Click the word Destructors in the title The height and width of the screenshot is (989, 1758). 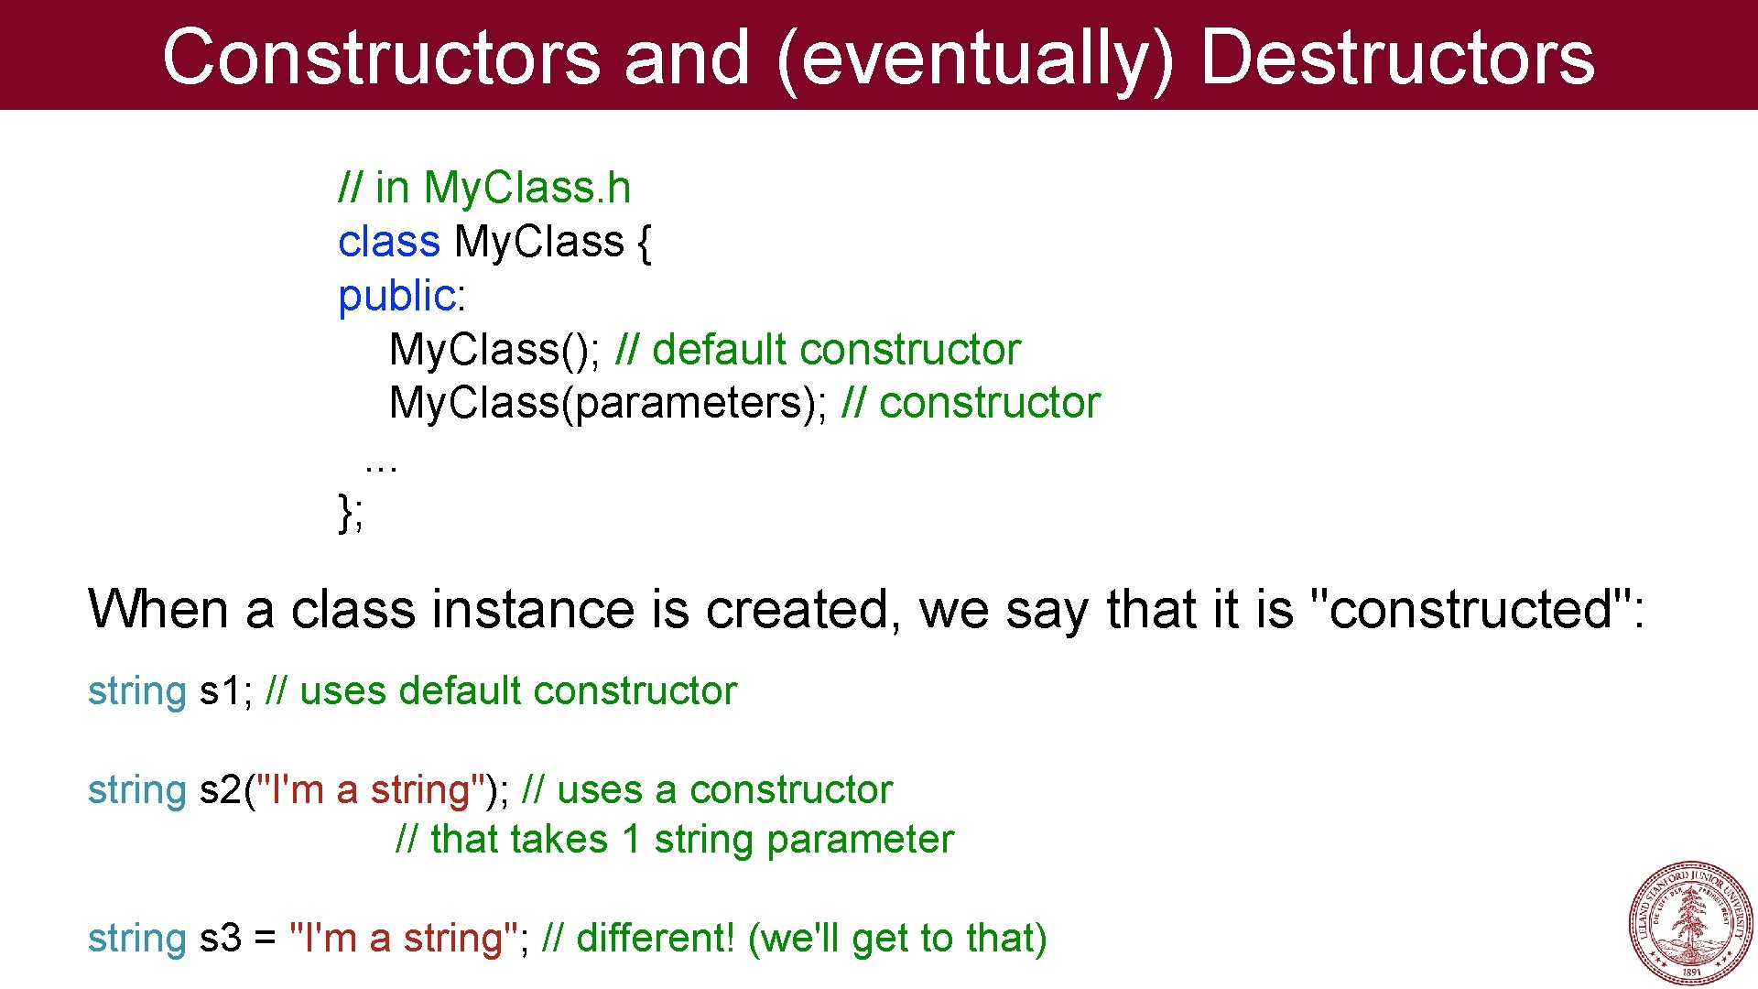[x=1397, y=57]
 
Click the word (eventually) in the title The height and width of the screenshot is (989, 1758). [x=974, y=59]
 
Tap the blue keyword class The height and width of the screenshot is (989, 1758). [x=389, y=242]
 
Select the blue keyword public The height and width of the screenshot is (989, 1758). [x=396, y=296]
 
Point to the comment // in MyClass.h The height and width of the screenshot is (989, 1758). [x=484, y=188]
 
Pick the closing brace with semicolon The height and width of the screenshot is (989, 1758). [x=350, y=512]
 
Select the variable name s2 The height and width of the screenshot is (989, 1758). [x=221, y=789]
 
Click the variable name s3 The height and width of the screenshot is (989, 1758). [x=221, y=938]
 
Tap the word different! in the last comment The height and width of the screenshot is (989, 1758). [x=656, y=938]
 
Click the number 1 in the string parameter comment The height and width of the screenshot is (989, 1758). [x=631, y=840]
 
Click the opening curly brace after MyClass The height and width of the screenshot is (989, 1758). [x=644, y=243]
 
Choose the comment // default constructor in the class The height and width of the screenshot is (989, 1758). [x=818, y=350]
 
